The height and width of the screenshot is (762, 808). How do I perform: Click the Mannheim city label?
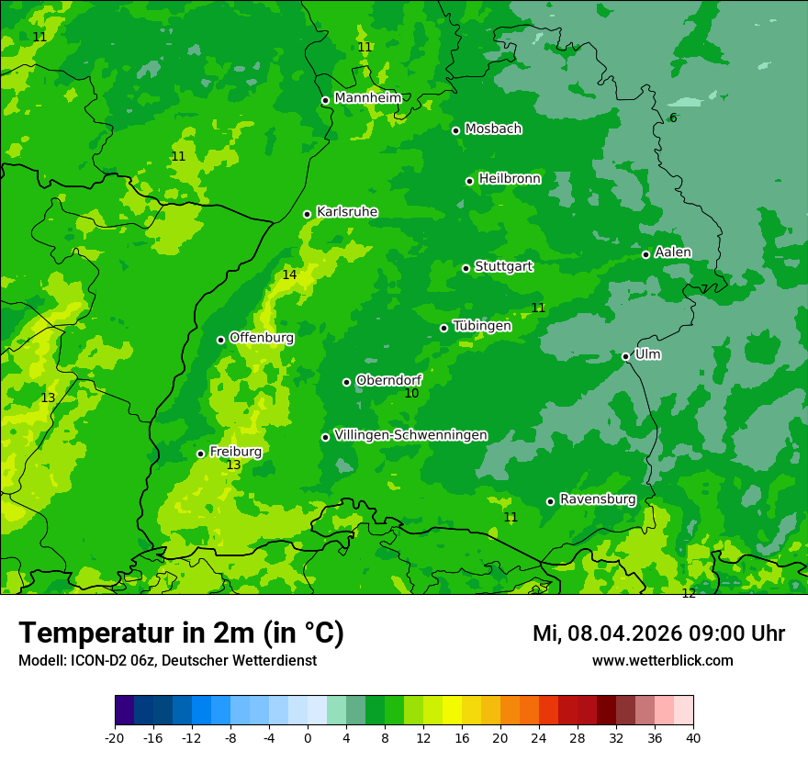click(x=367, y=98)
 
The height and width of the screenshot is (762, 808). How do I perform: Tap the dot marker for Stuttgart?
click(x=466, y=268)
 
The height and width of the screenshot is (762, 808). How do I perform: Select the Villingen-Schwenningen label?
click(x=410, y=435)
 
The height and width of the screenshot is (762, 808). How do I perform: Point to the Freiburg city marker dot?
click(x=200, y=454)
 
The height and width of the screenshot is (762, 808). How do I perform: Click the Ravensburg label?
click(x=598, y=499)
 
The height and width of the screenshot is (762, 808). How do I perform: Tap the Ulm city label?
click(x=647, y=354)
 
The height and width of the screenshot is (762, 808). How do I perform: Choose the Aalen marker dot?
click(x=645, y=254)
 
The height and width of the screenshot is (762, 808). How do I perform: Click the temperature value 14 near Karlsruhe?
click(x=289, y=275)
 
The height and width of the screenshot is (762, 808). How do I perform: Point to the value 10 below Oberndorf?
click(x=411, y=393)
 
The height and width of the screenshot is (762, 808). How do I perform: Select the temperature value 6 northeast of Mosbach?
click(x=673, y=118)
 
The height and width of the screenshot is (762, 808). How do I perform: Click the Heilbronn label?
click(x=510, y=179)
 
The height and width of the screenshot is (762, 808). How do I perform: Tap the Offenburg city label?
click(x=262, y=338)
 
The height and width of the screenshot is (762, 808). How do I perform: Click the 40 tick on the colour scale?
click(x=692, y=737)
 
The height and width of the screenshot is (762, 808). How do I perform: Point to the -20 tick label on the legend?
click(x=115, y=737)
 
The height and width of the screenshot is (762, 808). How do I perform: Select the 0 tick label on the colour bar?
click(x=308, y=737)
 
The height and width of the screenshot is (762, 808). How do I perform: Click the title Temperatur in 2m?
click(x=181, y=633)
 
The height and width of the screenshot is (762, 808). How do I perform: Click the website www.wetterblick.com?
click(x=662, y=660)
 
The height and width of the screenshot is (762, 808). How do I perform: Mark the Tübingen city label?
click(x=482, y=326)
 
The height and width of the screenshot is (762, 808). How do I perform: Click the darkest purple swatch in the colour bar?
click(x=124, y=711)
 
